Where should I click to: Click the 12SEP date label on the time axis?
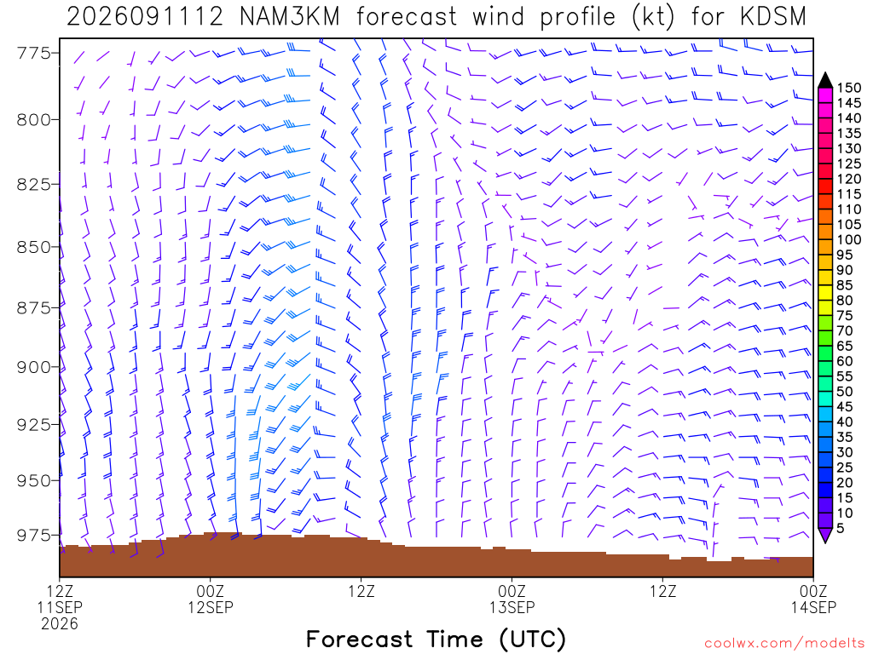(x=211, y=607)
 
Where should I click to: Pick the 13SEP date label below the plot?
(x=512, y=607)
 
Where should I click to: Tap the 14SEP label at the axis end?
(x=813, y=607)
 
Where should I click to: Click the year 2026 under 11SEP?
(x=60, y=624)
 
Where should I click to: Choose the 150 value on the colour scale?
(x=849, y=88)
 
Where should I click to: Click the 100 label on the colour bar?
(x=849, y=239)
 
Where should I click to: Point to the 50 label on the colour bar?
(x=845, y=392)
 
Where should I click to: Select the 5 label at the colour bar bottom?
(x=841, y=528)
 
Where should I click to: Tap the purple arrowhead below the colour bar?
(x=825, y=535)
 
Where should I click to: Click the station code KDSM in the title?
(x=773, y=17)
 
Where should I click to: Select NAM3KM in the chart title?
(x=289, y=17)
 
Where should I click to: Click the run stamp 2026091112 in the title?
(x=145, y=17)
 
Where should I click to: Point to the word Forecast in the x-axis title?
(x=359, y=639)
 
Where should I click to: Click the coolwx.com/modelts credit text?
(x=784, y=644)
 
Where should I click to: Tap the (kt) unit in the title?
(x=653, y=17)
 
